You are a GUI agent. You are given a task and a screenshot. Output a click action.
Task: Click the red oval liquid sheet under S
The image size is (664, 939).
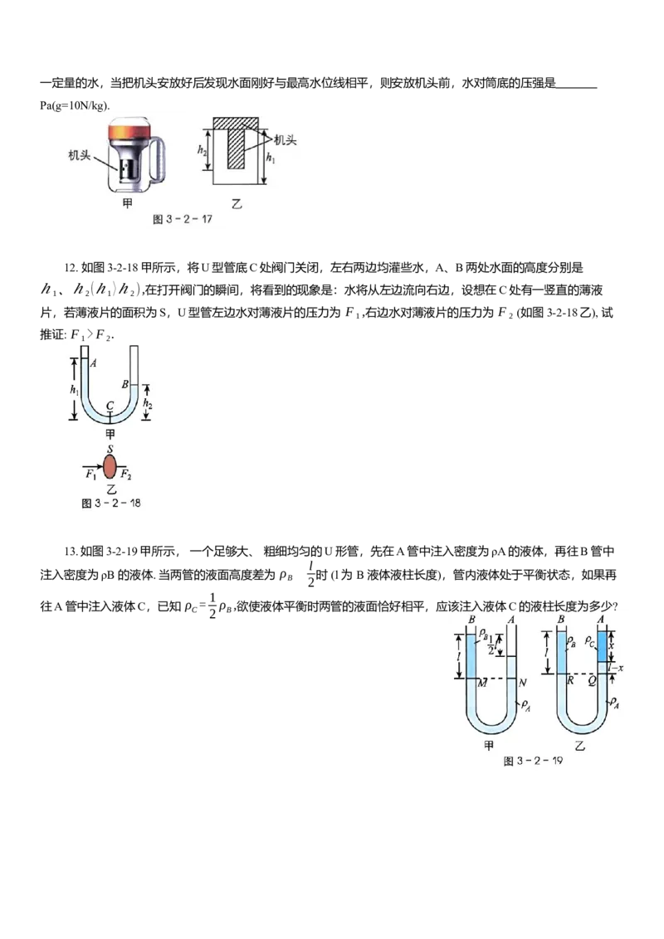[110, 466]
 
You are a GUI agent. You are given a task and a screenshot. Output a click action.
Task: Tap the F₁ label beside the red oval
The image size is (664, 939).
[90, 474]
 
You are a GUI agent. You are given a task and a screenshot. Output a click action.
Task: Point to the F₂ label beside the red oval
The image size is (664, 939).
[126, 474]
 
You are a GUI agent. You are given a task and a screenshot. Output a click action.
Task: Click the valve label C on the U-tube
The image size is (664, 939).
[110, 406]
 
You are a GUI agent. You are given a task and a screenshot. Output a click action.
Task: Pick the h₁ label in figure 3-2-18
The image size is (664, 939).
[75, 390]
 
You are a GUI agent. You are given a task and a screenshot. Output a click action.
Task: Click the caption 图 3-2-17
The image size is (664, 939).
[182, 219]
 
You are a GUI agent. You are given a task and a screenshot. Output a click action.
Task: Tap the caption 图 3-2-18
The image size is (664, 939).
[111, 503]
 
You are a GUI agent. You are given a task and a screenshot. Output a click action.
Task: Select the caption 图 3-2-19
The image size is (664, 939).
[533, 761]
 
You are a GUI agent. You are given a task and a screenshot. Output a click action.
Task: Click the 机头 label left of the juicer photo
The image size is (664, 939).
[79, 156]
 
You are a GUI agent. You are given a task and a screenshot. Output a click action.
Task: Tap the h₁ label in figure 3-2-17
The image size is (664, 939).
[271, 158]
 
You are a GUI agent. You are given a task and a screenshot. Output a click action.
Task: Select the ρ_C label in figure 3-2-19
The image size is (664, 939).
[589, 641]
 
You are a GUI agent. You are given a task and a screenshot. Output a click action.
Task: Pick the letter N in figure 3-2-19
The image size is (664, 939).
[522, 683]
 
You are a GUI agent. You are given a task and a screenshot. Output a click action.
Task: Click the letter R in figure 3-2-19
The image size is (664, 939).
[570, 681]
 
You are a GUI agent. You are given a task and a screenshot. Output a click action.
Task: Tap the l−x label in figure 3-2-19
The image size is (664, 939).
[616, 668]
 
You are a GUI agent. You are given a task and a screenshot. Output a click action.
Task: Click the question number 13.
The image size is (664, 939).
[71, 552]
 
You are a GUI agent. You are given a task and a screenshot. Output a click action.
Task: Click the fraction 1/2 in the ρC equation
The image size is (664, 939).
[212, 606]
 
